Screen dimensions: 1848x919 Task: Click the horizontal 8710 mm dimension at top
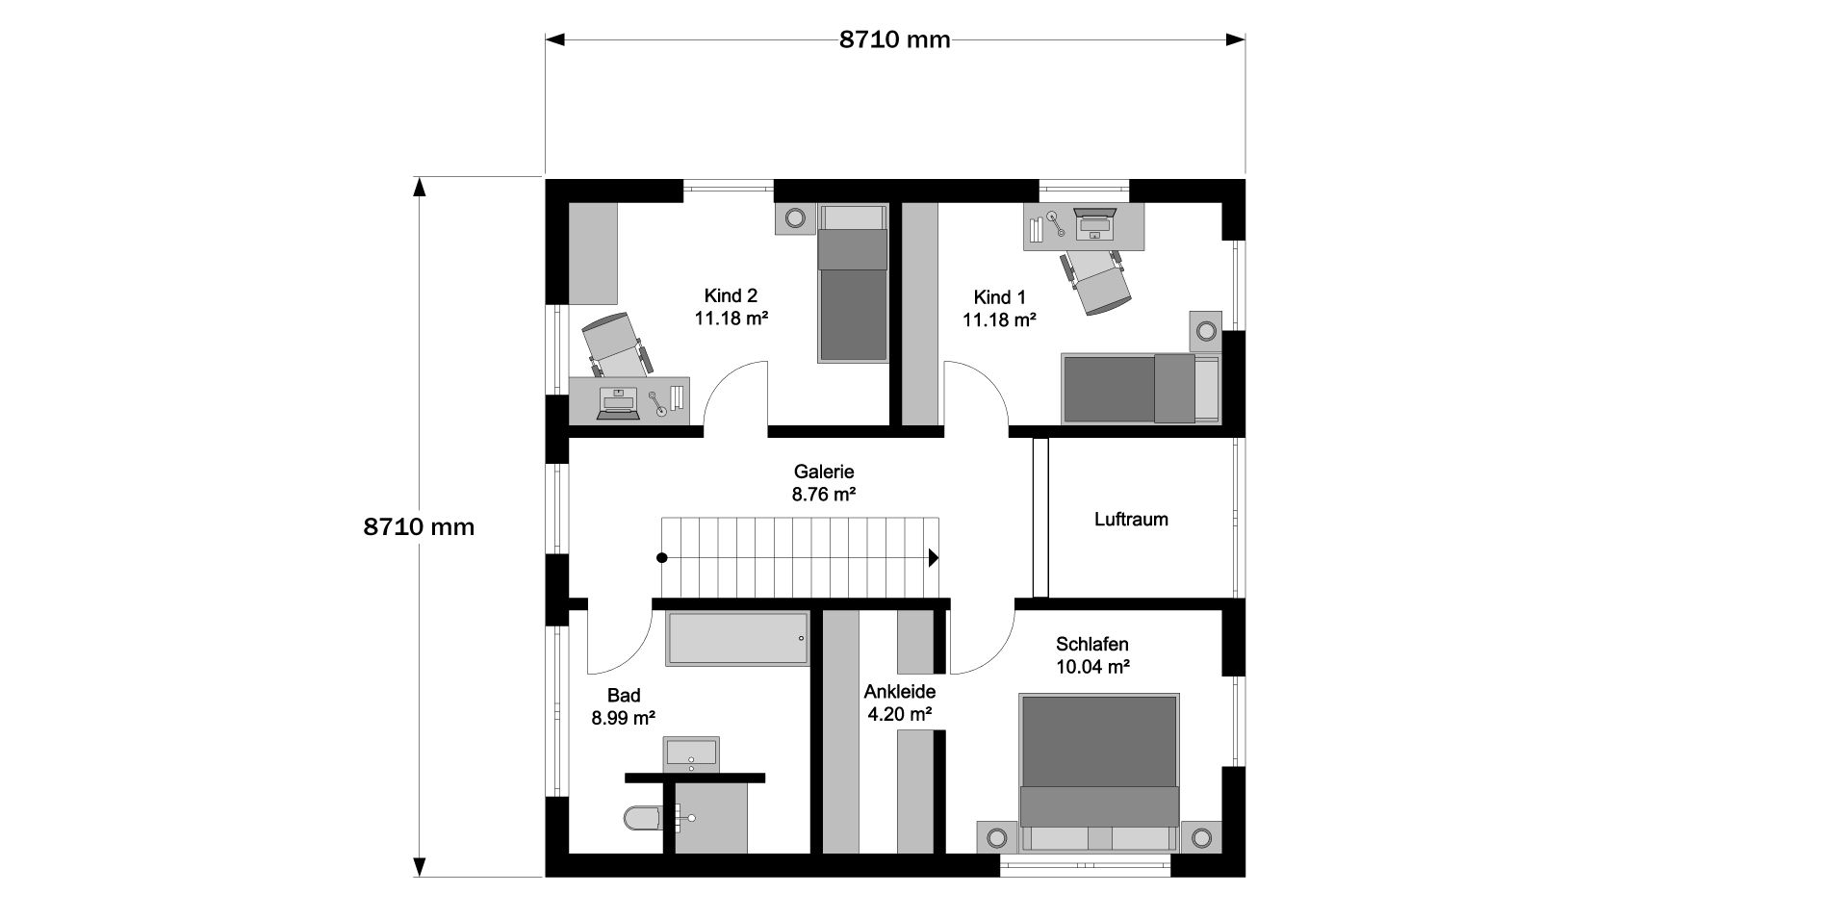[x=894, y=39]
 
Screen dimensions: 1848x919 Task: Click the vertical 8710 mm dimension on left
[x=419, y=527]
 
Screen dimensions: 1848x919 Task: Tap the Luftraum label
[x=1131, y=520]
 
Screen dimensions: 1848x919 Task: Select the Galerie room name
[x=824, y=472]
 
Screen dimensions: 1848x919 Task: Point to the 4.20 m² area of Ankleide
[x=900, y=714]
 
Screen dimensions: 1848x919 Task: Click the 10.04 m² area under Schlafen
[x=1092, y=666]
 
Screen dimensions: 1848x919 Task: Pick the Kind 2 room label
[x=731, y=296]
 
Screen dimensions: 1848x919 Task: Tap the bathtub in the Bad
[x=738, y=638]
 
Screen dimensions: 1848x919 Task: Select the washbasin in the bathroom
[x=690, y=753]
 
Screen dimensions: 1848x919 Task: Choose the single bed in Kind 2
[x=853, y=284]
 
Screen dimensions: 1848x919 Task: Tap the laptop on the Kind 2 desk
[x=618, y=402]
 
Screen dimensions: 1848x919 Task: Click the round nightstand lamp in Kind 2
[x=795, y=218]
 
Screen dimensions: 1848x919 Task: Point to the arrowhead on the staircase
[x=934, y=557]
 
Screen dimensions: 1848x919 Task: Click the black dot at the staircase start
[x=661, y=557]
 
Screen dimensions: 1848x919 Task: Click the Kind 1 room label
[x=999, y=296]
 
